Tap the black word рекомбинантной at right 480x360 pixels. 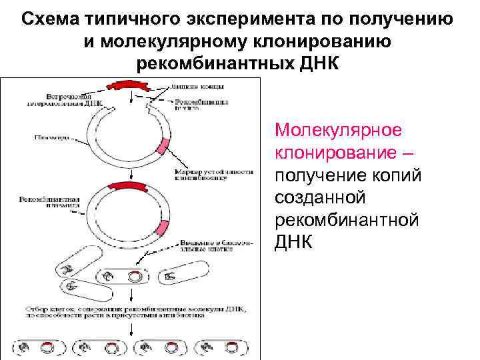click(x=347, y=221)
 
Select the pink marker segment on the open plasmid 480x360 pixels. click(x=163, y=147)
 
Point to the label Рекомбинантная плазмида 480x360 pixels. click(x=50, y=202)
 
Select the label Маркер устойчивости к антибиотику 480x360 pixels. click(x=213, y=174)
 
